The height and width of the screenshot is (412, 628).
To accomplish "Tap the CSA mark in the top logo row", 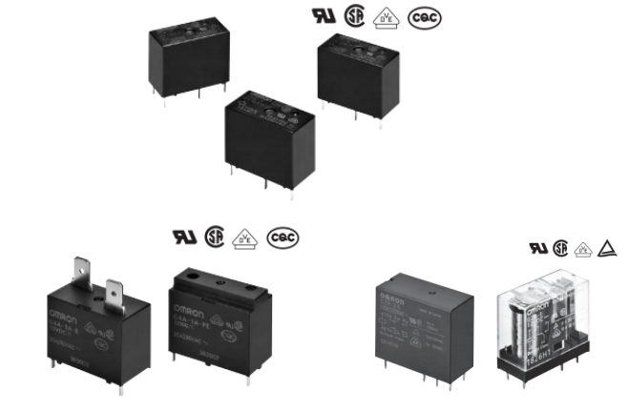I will coord(357,16).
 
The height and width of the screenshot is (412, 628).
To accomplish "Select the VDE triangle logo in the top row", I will coord(386,17).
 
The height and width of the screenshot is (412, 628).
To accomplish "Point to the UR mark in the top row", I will coord(323,17).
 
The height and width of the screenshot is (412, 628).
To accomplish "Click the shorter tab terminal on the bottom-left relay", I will coord(116,294).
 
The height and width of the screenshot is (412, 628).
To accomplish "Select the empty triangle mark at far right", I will coord(606,249).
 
